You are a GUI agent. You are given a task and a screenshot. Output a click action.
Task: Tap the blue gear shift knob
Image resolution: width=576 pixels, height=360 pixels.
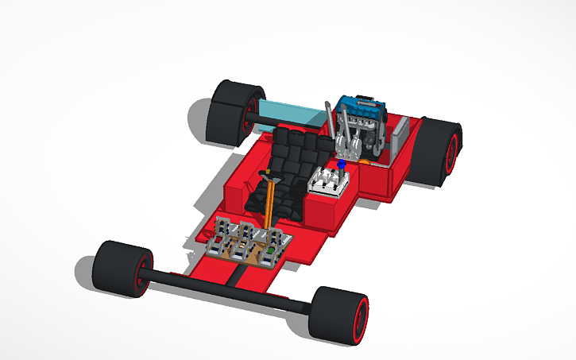coord(341,164)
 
